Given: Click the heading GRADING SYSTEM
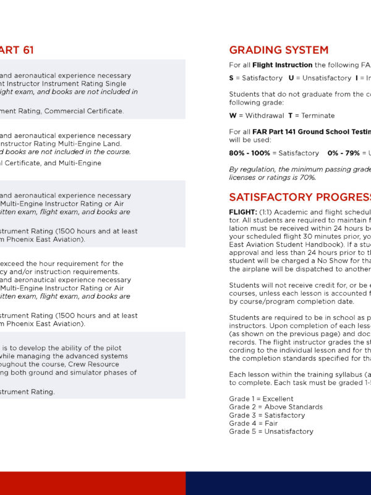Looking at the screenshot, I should pyautogui.click(x=278, y=50).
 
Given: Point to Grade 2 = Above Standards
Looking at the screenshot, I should pyautogui.click(x=276, y=407).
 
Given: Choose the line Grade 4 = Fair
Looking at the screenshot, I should pyautogui.click(x=252, y=423).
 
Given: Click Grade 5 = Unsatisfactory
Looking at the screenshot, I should pyautogui.click(x=271, y=431).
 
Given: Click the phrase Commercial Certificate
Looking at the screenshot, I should pyautogui.click(x=90, y=111).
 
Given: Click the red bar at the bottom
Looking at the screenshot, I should pyautogui.click(x=93, y=483).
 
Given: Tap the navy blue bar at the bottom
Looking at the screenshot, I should pyautogui.click(x=278, y=483).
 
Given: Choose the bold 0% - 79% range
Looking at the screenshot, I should pyautogui.click(x=343, y=153).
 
